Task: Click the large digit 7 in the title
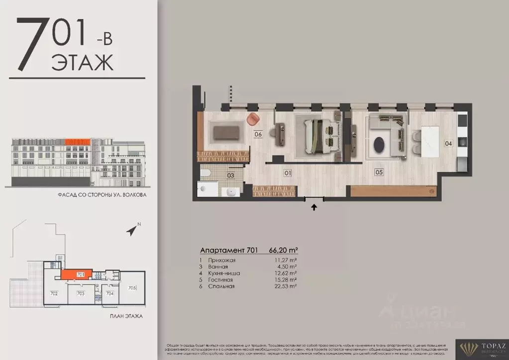31,44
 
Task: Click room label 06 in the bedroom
258,134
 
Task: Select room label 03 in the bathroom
231,175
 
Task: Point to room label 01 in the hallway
287,173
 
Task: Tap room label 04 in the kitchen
448,144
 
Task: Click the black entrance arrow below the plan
314,207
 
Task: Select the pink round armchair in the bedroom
253,119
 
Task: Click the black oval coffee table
380,145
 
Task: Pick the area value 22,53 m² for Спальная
286,286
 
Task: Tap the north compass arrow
132,230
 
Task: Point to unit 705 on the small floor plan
132,288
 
